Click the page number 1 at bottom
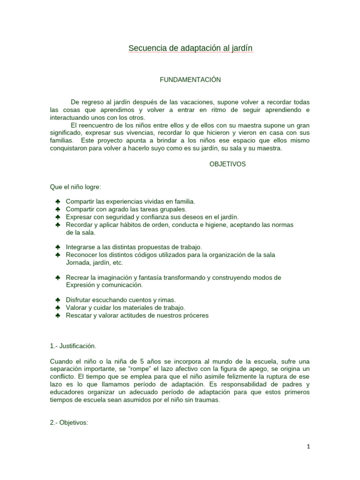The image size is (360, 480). click(x=307, y=447)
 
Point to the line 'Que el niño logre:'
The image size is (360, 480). click(x=72, y=187)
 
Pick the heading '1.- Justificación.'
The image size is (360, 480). click(x=73, y=346)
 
